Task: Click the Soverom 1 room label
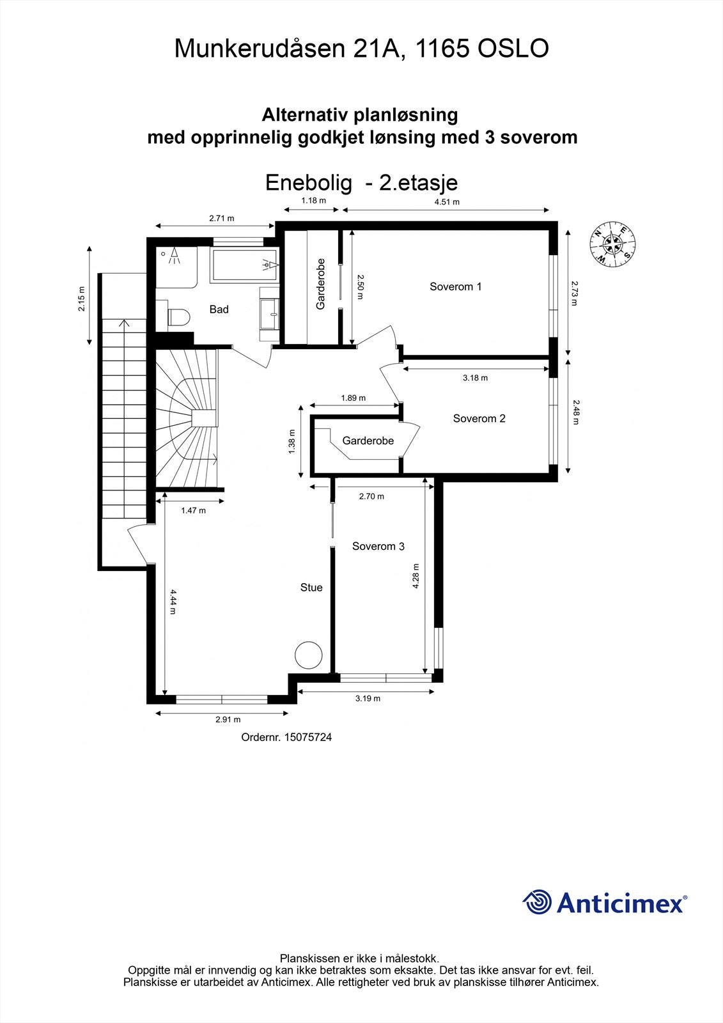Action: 455,286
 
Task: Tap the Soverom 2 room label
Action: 479,419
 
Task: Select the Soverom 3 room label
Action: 378,547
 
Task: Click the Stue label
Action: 311,588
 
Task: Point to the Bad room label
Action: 219,309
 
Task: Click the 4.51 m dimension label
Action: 447,202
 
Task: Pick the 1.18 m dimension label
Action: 313,201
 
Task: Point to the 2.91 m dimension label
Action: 223,719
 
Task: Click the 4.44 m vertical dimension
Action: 173,602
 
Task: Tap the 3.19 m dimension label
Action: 368,698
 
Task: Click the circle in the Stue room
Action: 309,655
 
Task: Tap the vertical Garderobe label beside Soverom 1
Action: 321,284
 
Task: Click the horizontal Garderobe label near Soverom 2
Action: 368,441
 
